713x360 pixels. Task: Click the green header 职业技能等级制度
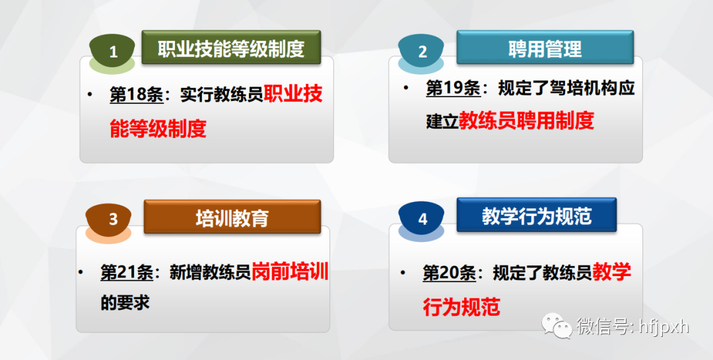[x=232, y=48]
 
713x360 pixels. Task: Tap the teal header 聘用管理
[x=545, y=48]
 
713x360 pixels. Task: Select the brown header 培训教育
[x=232, y=217]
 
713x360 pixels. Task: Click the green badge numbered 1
[x=113, y=51]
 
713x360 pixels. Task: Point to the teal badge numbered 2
[x=421, y=50]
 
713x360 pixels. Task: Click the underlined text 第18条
[x=137, y=95]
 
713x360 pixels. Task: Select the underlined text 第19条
[x=453, y=88]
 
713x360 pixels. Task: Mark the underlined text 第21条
[x=127, y=272]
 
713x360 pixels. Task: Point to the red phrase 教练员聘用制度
[x=526, y=121]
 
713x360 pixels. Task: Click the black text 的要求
[x=125, y=303]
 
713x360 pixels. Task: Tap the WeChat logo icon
[x=556, y=325]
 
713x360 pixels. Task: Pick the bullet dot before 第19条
[x=406, y=87]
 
